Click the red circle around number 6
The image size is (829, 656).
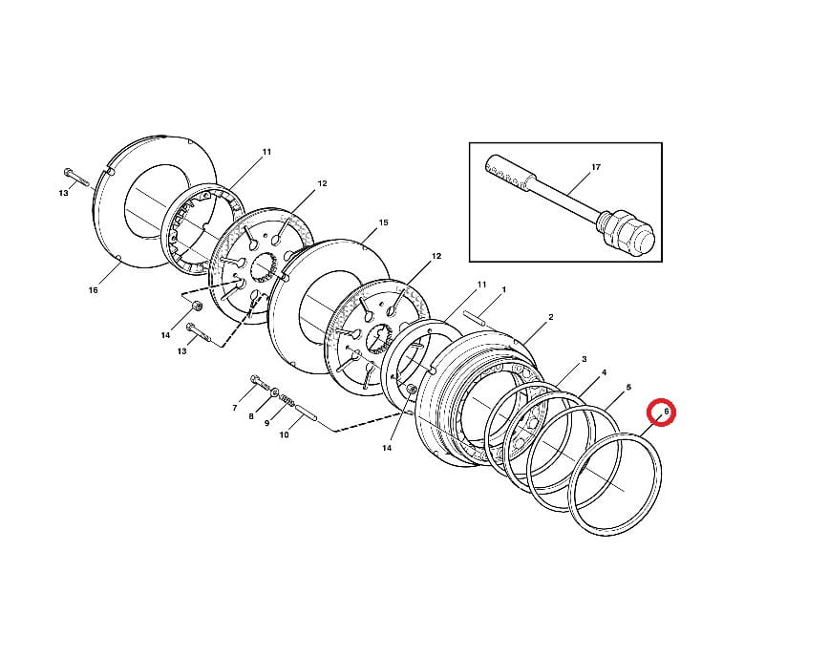click(x=663, y=412)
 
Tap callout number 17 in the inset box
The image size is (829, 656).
click(x=596, y=167)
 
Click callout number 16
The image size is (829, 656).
click(x=93, y=290)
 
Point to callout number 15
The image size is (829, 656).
click(x=383, y=222)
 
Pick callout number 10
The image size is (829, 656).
click(x=284, y=435)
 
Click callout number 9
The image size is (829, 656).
click(x=267, y=423)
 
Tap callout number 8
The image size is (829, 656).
click(x=251, y=416)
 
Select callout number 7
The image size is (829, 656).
click(x=235, y=408)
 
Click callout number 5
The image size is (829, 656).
click(x=628, y=388)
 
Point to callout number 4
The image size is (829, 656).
click(x=604, y=372)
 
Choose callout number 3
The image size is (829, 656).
click(x=585, y=359)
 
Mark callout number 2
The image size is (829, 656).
click(x=551, y=317)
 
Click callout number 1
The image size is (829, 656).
click(x=504, y=289)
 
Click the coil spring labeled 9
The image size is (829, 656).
click(x=287, y=399)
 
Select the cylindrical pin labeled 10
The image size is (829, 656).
click(x=307, y=413)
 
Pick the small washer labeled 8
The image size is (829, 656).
click(x=275, y=392)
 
